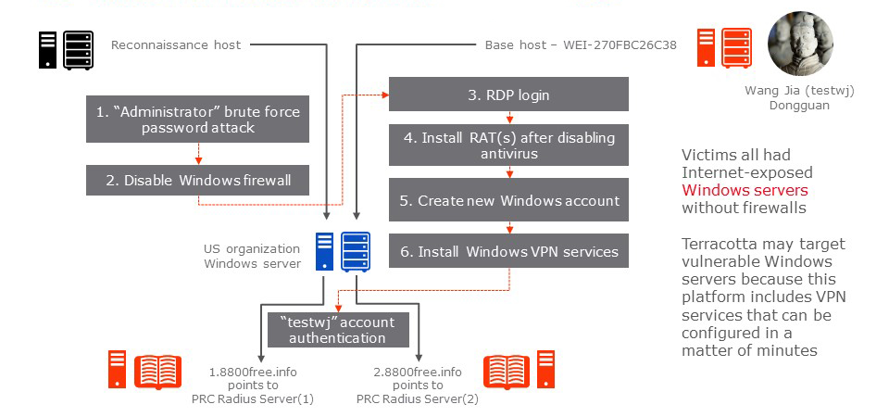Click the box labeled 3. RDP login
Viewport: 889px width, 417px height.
tap(508, 95)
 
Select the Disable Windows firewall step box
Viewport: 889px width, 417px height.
tap(198, 181)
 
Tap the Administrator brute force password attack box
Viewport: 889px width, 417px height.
tap(198, 120)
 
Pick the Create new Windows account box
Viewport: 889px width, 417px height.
tap(508, 200)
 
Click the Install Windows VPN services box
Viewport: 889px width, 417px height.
tap(508, 251)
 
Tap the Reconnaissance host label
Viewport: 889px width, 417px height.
tap(176, 44)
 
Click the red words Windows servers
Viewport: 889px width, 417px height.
tap(745, 191)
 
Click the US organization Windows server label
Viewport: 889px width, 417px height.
tap(252, 257)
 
